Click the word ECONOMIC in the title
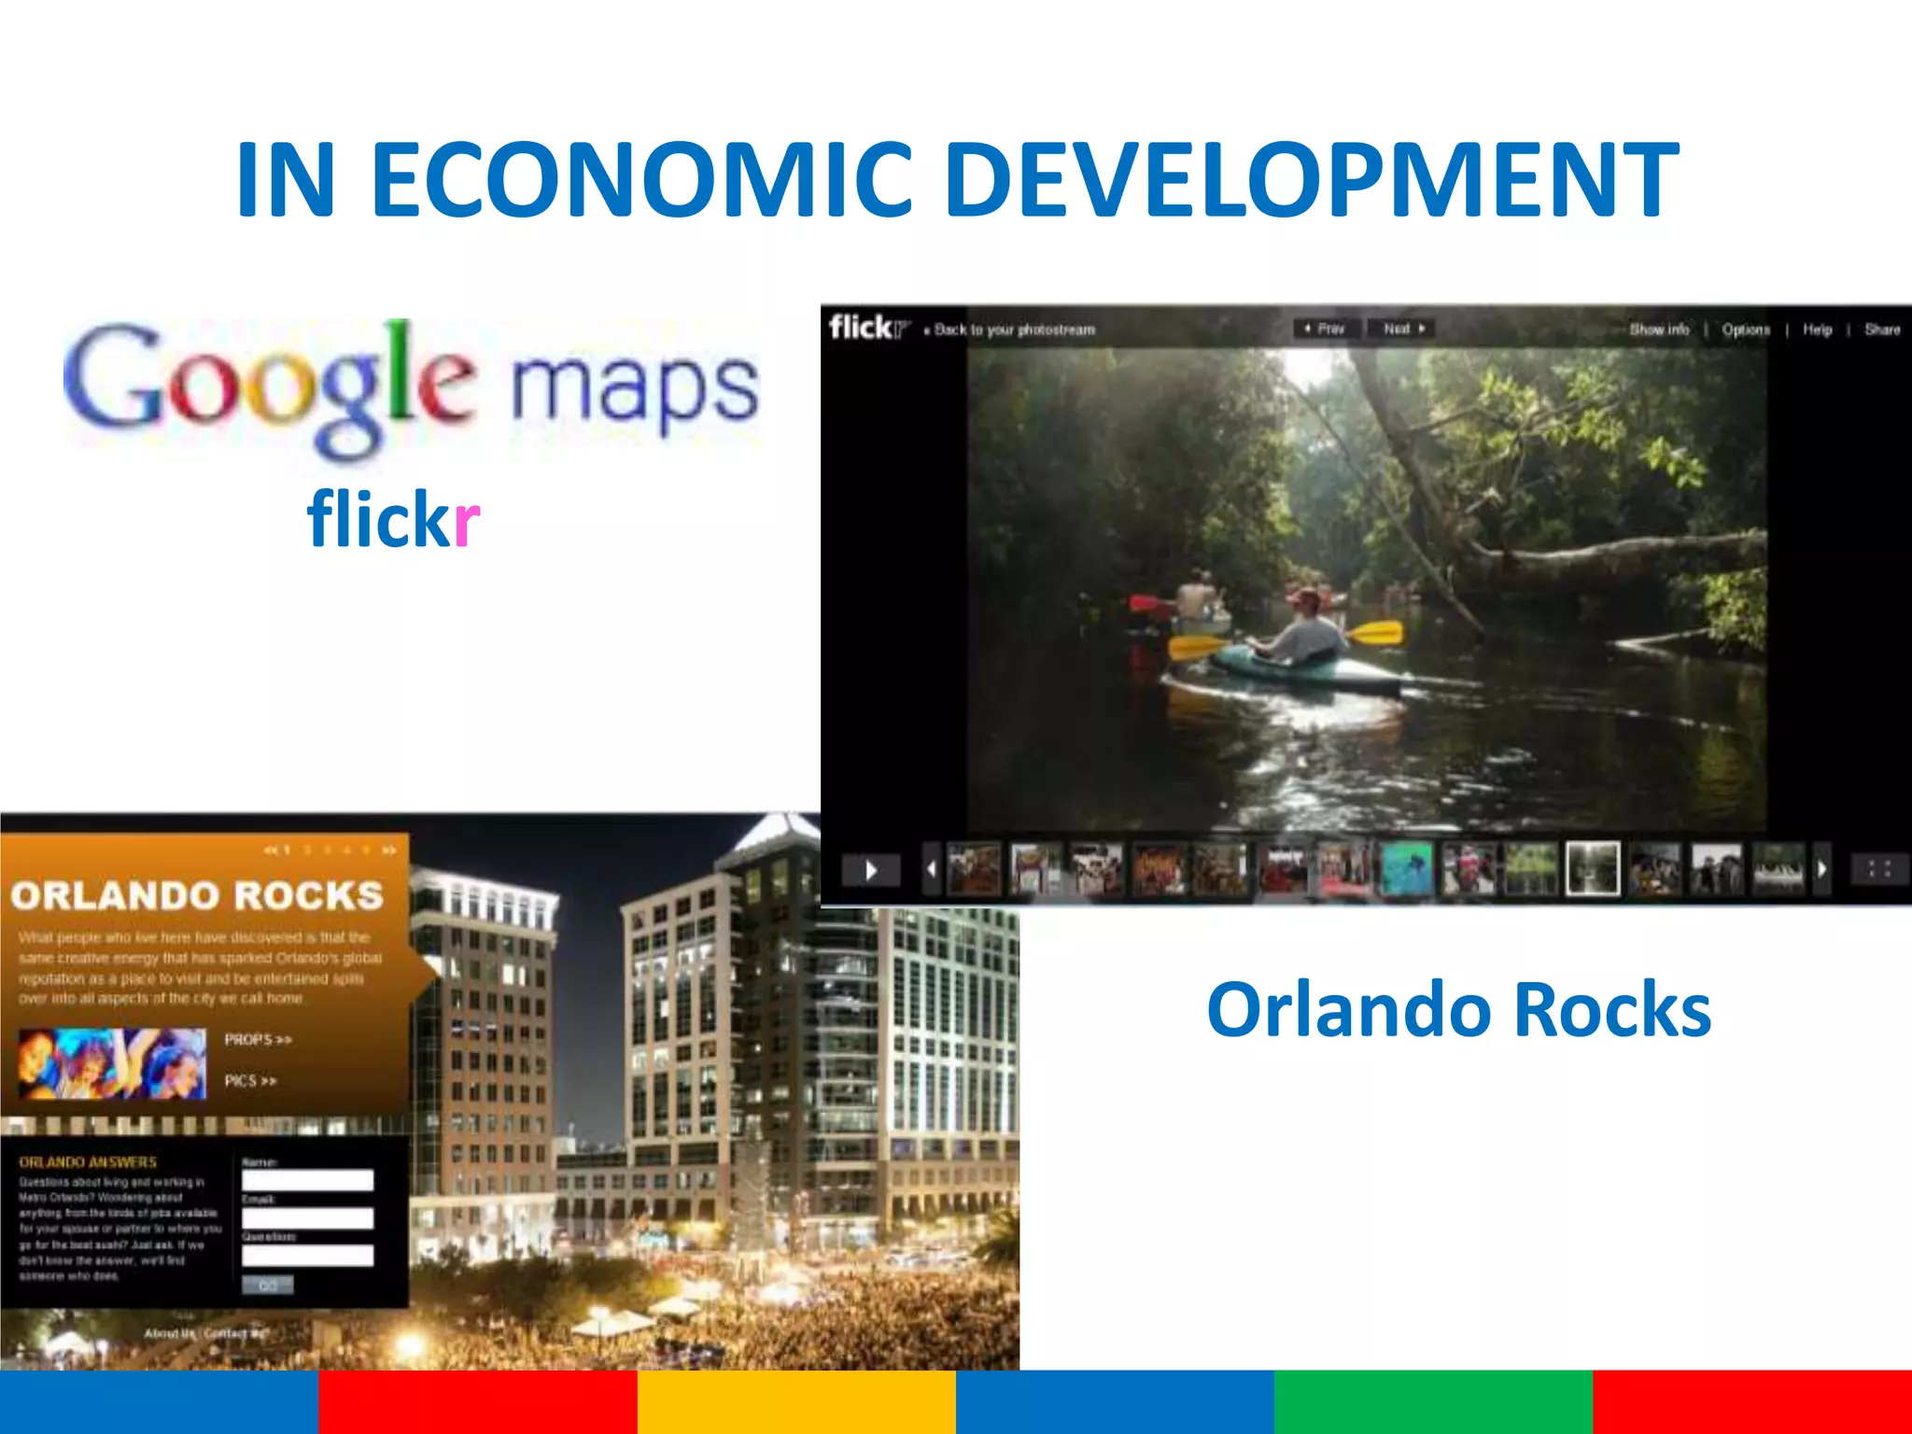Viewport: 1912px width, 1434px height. (641, 178)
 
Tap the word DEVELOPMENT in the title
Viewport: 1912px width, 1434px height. (1311, 178)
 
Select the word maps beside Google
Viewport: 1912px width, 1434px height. (635, 387)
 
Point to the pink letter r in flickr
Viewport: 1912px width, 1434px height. (466, 521)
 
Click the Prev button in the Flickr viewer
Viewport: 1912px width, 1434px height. (1326, 329)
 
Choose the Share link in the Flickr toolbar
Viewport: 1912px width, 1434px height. (1881, 330)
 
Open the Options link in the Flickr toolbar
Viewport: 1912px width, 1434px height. (1746, 330)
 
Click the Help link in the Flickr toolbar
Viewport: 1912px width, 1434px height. (1817, 330)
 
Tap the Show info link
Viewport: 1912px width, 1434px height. (1659, 330)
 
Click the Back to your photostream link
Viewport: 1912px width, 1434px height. (1012, 330)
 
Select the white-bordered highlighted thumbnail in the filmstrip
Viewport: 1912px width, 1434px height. (1592, 868)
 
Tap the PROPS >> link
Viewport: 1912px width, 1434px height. (258, 1039)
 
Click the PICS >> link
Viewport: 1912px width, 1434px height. (250, 1081)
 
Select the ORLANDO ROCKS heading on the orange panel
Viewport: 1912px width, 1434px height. (197, 895)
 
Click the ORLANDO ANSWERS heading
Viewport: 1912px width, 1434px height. (88, 1162)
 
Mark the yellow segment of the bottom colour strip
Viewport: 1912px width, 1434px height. (796, 1401)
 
